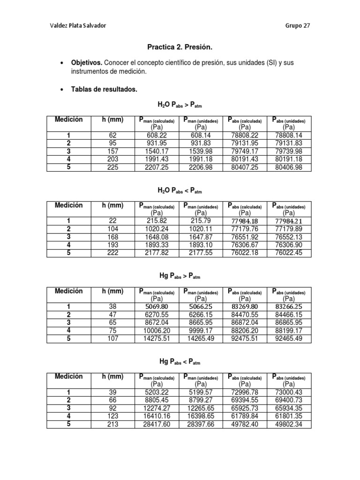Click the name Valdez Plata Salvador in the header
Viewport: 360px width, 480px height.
pos(78,25)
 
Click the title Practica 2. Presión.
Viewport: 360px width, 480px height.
pos(180,47)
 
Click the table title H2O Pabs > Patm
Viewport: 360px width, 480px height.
pos(180,106)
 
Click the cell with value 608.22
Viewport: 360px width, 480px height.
pos(157,135)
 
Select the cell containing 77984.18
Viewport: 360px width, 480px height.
pos(245,221)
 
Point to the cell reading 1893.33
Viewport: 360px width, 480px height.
pos(157,245)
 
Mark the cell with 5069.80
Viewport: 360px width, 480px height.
pos(157,306)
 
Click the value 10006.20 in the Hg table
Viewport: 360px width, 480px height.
pos(157,330)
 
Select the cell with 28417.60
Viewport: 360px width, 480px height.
pos(157,424)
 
